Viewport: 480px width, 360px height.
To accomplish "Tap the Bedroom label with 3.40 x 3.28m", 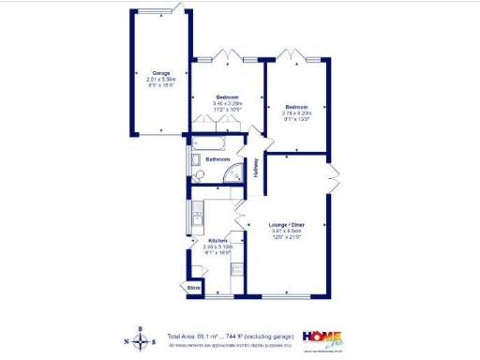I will coord(226,97).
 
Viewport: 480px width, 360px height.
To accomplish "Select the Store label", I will coord(194,288).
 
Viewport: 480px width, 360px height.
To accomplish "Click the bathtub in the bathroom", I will coord(212,143).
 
